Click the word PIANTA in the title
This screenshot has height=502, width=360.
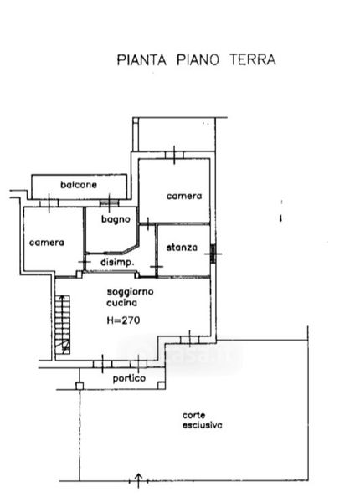(141, 60)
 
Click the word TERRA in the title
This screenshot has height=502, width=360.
(253, 60)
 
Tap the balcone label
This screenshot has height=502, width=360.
(79, 185)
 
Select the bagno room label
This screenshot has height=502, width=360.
(116, 219)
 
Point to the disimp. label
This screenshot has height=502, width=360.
(117, 262)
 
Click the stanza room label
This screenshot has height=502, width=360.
(182, 248)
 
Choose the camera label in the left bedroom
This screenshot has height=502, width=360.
(47, 243)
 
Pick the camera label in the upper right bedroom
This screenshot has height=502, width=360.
(184, 196)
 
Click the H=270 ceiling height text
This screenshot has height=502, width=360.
(123, 320)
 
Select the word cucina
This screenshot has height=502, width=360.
(121, 303)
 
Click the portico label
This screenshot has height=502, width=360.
(129, 379)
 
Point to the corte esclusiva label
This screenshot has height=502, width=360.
(202, 420)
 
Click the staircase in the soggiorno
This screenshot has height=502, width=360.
(63, 325)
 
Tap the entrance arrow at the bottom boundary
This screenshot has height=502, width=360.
(138, 480)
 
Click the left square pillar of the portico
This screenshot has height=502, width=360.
(80, 386)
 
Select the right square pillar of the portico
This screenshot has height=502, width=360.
(162, 385)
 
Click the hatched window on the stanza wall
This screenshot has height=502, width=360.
(213, 254)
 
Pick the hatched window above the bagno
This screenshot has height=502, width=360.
(109, 203)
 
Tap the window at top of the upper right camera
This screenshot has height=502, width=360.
(174, 156)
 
